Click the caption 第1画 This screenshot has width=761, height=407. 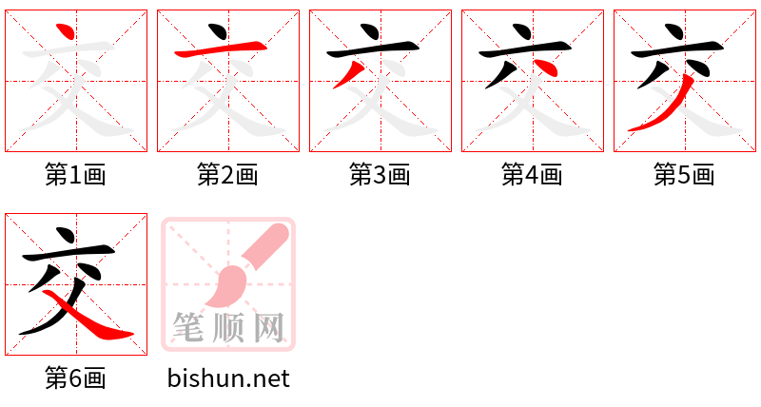point(76,175)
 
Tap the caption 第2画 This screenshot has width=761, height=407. point(228,175)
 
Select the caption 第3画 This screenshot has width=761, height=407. point(380,175)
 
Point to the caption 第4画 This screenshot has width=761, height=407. point(533,175)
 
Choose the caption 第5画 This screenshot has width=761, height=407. point(685,175)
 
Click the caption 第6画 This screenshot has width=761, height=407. point(76,378)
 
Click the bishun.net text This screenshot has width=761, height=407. point(228,378)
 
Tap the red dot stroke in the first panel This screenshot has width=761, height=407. point(65,32)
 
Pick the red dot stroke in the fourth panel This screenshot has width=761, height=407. point(545,66)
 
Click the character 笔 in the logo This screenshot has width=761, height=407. point(188,328)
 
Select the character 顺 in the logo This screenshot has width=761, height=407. point(228,328)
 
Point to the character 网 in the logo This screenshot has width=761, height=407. point(268,328)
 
